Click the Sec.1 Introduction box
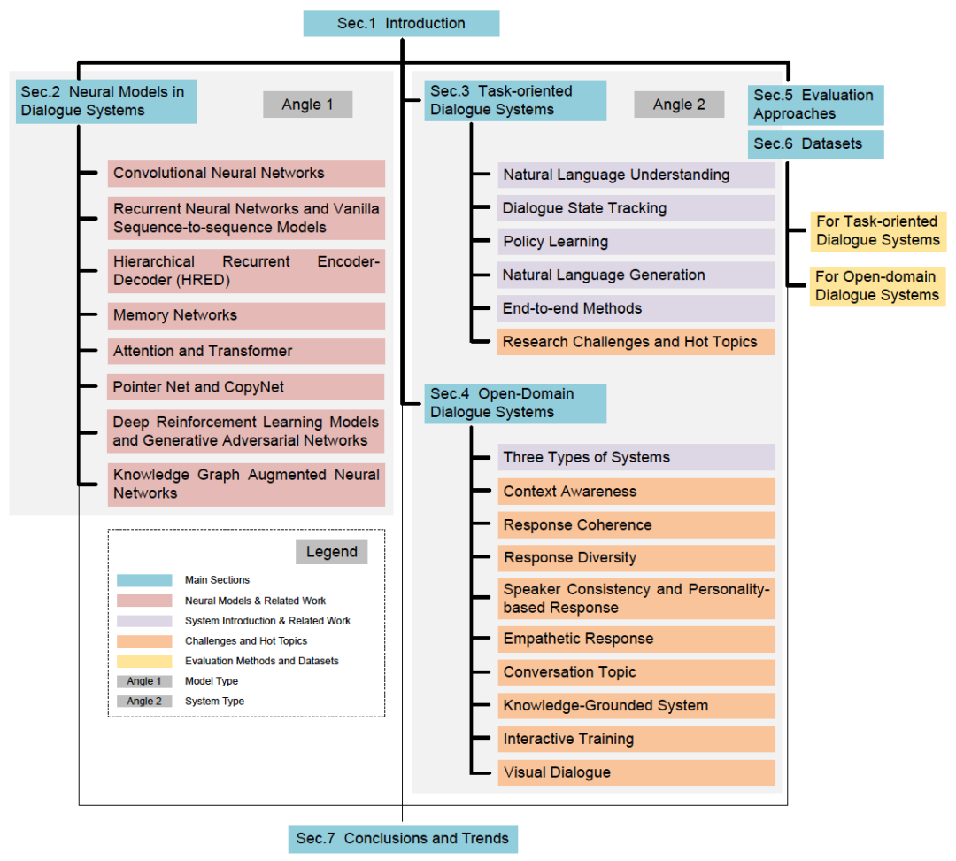click(x=401, y=24)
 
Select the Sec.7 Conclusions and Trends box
click(x=403, y=838)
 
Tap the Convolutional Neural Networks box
click(x=246, y=174)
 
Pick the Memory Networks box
click(x=246, y=315)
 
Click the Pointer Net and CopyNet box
click(x=246, y=387)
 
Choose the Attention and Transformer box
click(x=246, y=352)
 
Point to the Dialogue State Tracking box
click(x=636, y=208)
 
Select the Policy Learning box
click(x=636, y=242)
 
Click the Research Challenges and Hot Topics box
click(x=636, y=342)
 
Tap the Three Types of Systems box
click(x=636, y=457)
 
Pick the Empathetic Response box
click(x=636, y=639)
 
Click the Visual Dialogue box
click(x=636, y=772)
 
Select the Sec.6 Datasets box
click(x=815, y=143)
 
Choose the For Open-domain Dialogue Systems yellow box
click(x=877, y=286)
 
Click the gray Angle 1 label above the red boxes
click(x=308, y=105)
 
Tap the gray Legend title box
click(x=331, y=552)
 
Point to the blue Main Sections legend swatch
click(x=144, y=580)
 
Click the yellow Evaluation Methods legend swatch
click(x=144, y=661)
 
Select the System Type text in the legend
click(x=214, y=701)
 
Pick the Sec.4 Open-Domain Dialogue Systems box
click(x=515, y=403)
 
